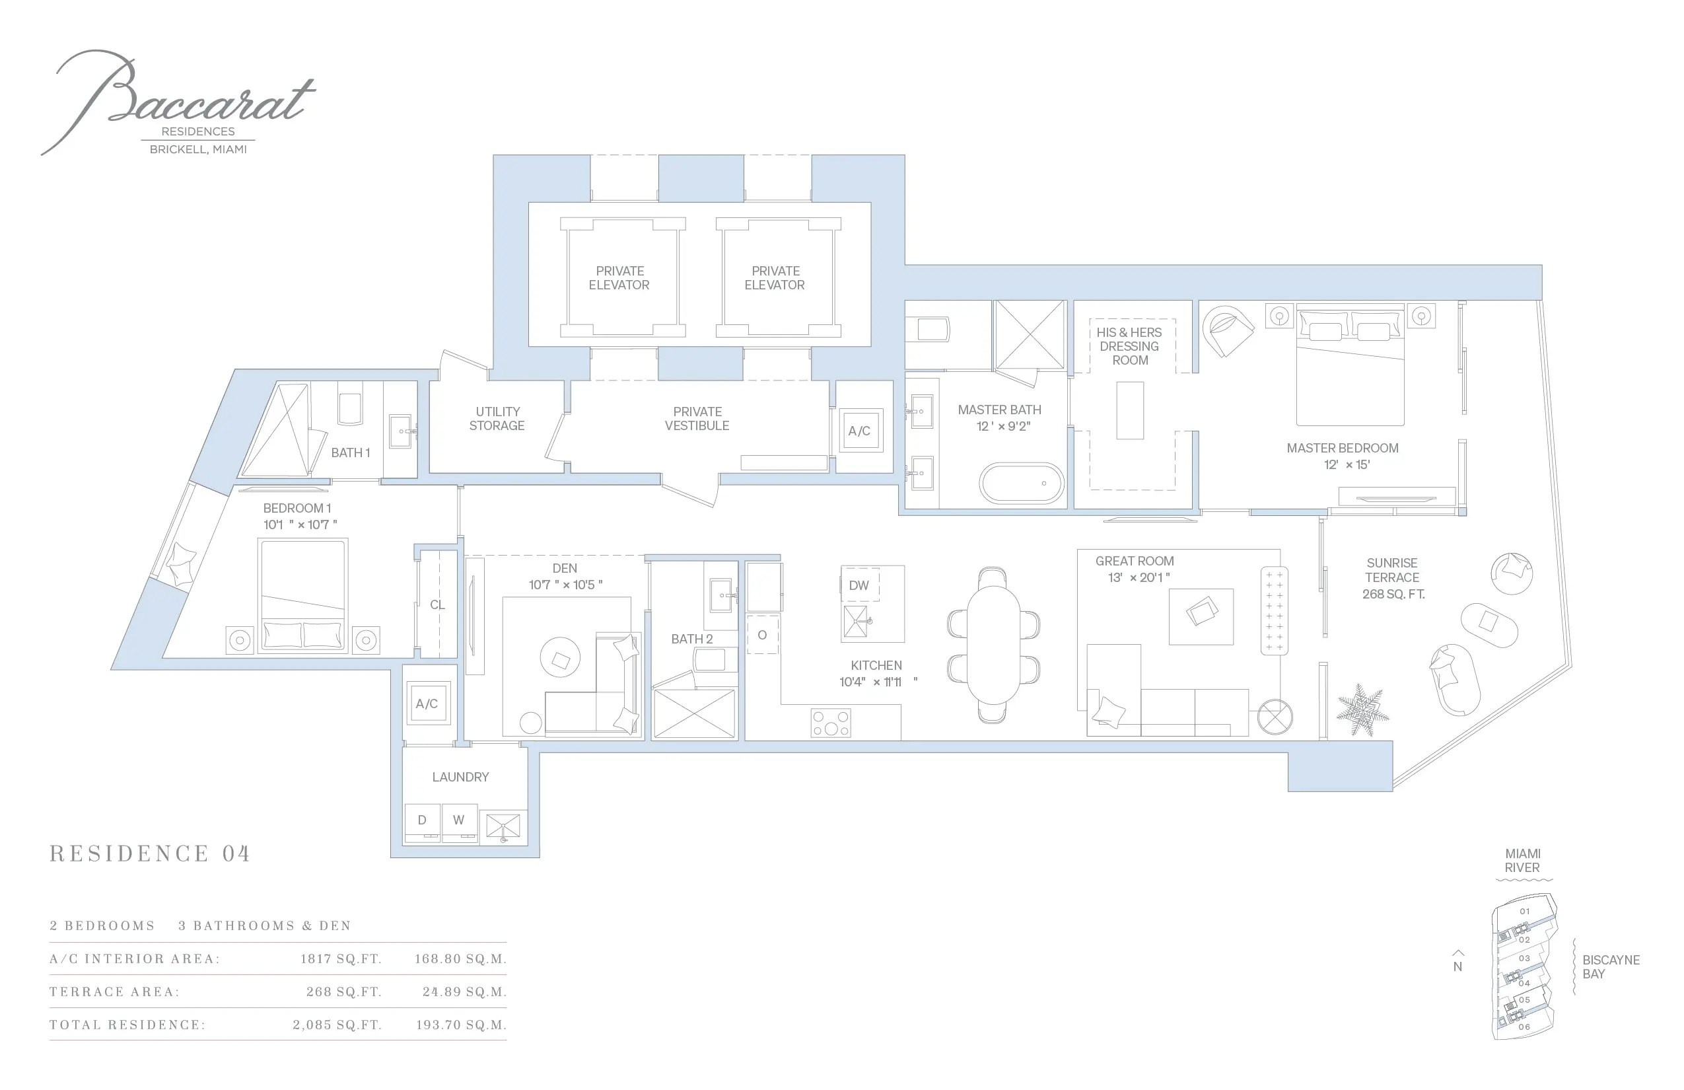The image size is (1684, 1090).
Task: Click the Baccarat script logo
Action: click(x=177, y=99)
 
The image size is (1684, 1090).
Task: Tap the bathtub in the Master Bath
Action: click(x=1021, y=483)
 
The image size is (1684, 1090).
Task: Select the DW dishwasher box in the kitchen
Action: click(x=860, y=585)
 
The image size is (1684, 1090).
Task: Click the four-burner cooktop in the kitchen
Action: click(x=831, y=723)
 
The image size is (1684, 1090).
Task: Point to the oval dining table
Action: click(x=993, y=645)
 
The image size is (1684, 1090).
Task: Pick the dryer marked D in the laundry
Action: click(x=423, y=822)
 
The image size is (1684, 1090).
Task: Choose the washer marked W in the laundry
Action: click(x=459, y=822)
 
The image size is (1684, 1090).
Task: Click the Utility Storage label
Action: click(x=497, y=418)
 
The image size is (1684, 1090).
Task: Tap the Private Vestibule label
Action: click(x=697, y=418)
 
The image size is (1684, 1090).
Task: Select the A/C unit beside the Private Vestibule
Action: click(x=860, y=430)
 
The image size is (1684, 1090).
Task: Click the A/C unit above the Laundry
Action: click(x=427, y=703)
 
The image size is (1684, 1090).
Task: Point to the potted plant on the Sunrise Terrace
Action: click(x=1362, y=709)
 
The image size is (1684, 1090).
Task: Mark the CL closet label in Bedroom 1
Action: click(x=437, y=604)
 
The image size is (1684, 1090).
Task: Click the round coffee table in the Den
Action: click(x=561, y=658)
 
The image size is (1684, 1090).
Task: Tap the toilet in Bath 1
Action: click(x=350, y=409)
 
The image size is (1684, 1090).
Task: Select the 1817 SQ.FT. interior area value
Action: click(x=341, y=959)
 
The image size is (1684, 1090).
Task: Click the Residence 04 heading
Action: click(x=150, y=854)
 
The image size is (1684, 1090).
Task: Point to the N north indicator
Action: click(x=1457, y=962)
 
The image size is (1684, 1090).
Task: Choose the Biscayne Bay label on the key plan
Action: click(x=1611, y=967)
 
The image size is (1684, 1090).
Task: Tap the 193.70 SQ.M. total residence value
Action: click(x=462, y=1025)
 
